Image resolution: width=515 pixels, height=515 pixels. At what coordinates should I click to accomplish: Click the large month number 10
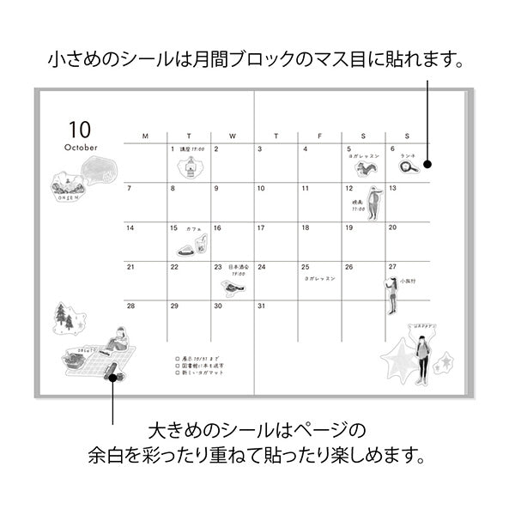78,130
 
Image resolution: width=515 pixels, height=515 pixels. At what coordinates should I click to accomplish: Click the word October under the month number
81,147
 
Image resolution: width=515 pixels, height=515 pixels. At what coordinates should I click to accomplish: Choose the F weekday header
320,136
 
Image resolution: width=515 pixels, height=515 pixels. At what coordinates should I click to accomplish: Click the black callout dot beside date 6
427,164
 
